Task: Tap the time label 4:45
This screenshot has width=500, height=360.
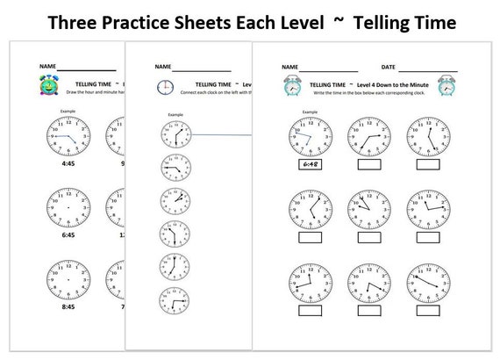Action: click(67, 163)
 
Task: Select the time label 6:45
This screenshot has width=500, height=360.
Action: click(67, 234)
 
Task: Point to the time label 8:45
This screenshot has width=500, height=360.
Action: click(67, 308)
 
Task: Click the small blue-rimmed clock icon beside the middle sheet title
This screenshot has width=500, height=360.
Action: click(164, 86)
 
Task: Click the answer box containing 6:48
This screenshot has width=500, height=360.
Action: click(311, 164)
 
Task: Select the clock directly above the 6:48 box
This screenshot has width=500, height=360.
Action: click(311, 136)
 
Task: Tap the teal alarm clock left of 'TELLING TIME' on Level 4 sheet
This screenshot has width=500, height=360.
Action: click(289, 84)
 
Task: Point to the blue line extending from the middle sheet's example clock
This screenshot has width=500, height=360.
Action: click(219, 134)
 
